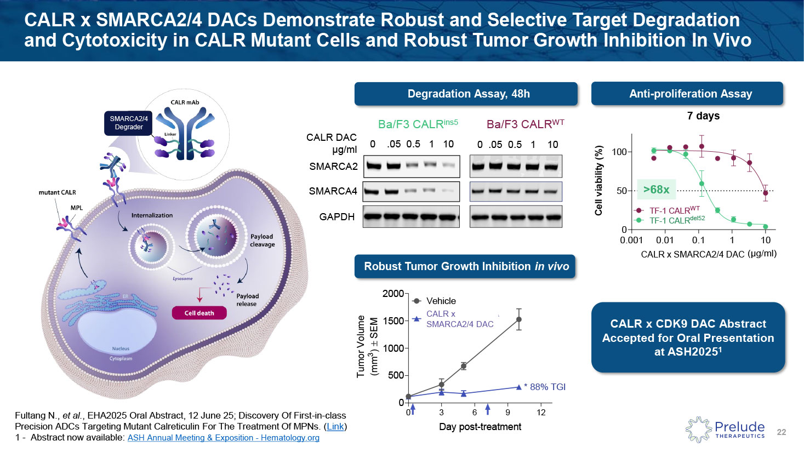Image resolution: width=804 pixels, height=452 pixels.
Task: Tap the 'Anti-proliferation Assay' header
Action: click(x=690, y=94)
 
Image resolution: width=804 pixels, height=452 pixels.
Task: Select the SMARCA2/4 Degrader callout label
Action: click(x=128, y=123)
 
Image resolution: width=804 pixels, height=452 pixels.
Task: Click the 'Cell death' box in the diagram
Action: click(x=199, y=313)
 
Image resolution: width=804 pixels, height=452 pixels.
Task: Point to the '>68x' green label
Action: click(x=656, y=190)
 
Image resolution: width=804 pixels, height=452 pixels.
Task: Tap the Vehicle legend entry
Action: click(x=441, y=301)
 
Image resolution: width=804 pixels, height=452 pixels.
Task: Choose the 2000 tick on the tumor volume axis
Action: click(x=393, y=294)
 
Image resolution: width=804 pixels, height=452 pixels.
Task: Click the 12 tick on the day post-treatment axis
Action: click(x=541, y=413)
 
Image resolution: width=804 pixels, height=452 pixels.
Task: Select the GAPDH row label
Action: click(x=337, y=217)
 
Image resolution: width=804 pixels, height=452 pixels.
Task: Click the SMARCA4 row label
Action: click(x=333, y=191)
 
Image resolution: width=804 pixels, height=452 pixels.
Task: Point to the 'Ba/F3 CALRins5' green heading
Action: click(x=418, y=124)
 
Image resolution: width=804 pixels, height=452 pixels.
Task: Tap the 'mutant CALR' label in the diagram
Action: click(x=57, y=192)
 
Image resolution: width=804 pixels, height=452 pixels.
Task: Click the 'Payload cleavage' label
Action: click(x=262, y=241)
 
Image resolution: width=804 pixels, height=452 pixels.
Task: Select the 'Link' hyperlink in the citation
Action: click(x=335, y=426)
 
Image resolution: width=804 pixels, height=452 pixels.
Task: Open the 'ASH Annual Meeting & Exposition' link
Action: click(x=223, y=438)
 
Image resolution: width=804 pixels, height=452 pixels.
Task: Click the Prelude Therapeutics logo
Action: click(x=726, y=430)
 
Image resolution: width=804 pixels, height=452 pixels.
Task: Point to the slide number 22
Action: click(x=782, y=432)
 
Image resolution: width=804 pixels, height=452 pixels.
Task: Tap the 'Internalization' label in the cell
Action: click(x=152, y=215)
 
